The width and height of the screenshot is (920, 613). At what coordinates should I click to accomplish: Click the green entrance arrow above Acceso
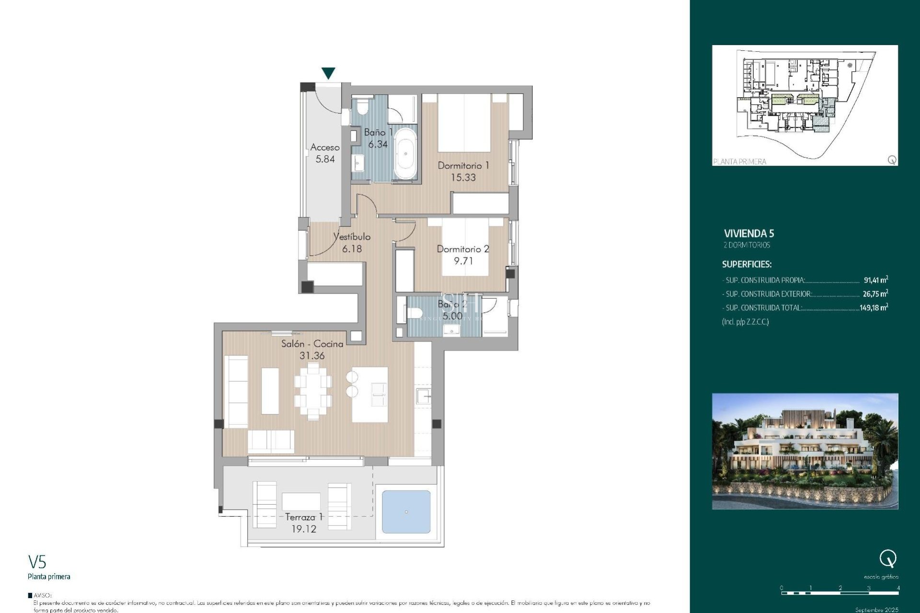point(328,73)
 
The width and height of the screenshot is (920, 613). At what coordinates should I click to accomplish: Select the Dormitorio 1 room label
point(463,166)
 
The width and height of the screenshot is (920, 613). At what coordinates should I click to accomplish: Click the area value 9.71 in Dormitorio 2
point(463,261)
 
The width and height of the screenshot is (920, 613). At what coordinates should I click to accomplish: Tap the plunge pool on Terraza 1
point(406,512)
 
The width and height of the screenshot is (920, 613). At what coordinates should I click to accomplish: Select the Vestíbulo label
point(352,237)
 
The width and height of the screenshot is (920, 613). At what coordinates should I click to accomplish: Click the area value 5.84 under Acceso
point(325,159)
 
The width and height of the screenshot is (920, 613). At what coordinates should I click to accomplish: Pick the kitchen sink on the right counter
point(423,397)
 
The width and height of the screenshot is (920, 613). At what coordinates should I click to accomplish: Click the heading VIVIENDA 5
point(748,234)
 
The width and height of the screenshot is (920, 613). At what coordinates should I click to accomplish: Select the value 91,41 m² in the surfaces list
point(875,280)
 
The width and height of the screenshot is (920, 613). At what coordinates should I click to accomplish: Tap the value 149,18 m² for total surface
point(874,308)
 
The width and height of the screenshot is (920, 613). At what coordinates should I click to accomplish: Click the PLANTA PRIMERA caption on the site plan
point(739,162)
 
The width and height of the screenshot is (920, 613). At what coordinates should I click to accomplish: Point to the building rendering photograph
point(805,451)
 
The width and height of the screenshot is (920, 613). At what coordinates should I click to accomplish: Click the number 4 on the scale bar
point(898,588)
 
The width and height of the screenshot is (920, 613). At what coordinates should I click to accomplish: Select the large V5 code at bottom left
point(37,561)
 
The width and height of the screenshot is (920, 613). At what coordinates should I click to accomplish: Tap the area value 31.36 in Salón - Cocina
point(312,356)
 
